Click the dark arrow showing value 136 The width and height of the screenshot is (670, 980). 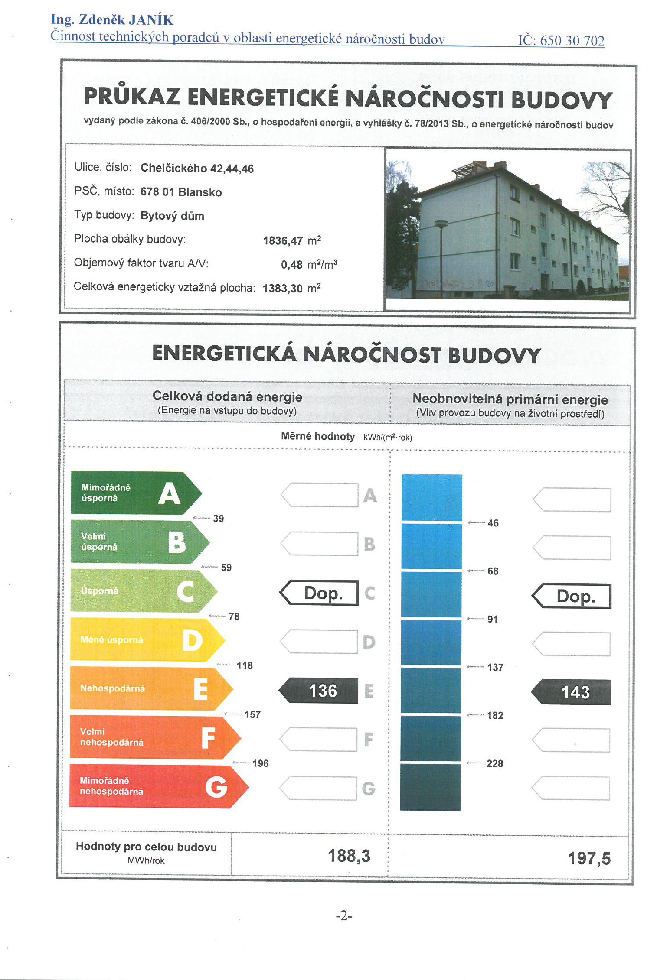319,690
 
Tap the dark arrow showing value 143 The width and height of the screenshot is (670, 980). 572,692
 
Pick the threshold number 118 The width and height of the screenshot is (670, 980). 245,665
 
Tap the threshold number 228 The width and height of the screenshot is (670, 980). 495,763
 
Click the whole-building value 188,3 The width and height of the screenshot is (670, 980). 349,856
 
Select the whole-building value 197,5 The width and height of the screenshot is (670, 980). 589,858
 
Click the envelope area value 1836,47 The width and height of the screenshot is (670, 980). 283,241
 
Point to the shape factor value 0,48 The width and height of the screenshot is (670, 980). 291,265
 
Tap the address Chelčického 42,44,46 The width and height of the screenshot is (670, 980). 197,169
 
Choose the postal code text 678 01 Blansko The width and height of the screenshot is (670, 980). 181,192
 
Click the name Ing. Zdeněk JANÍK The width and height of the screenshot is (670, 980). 112,19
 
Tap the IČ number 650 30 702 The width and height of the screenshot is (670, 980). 561,41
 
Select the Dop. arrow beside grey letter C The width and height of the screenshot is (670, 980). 320,593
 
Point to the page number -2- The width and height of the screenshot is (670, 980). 344,915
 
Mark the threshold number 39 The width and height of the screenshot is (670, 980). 218,519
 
